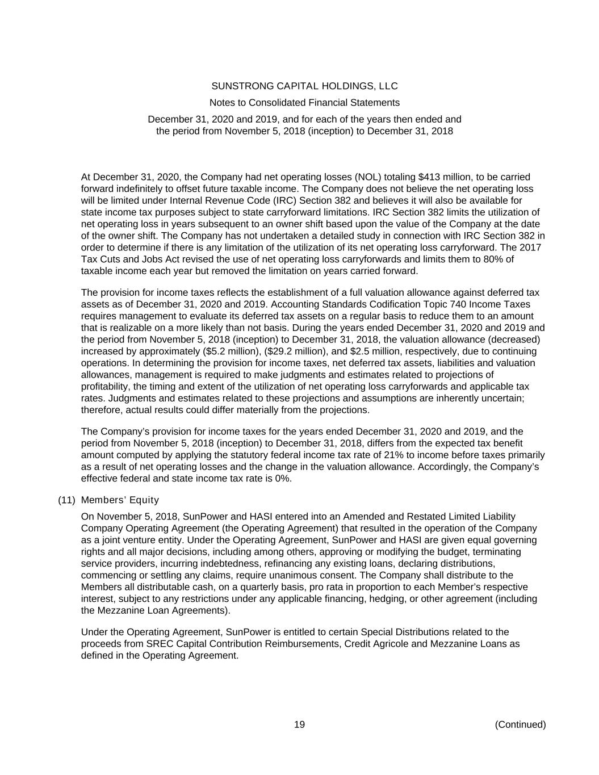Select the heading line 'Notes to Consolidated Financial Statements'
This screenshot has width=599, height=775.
(304, 103)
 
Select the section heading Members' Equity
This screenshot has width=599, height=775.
(120, 500)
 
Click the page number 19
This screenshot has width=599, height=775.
(299, 724)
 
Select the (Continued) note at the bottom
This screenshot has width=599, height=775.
(520, 724)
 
